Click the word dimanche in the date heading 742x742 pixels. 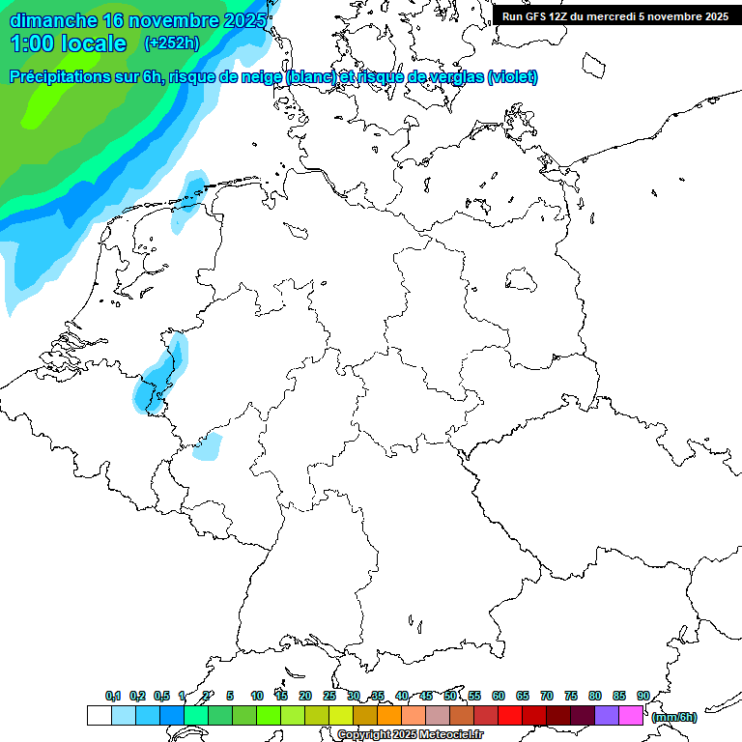[54, 20]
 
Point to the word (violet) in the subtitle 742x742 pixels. [513, 77]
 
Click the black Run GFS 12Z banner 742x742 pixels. [615, 16]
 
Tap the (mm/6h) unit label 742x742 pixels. [674, 717]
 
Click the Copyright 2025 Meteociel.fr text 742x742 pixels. [410, 735]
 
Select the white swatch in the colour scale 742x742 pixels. [99, 716]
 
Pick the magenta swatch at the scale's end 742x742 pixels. [631, 716]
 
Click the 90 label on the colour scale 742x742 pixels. [643, 696]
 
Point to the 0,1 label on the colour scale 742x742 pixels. [113, 696]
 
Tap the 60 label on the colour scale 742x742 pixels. [499, 696]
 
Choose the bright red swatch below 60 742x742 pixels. [510, 716]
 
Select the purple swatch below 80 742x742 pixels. [607, 716]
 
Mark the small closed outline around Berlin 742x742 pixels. [522, 279]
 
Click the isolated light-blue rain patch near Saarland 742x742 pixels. [208, 447]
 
